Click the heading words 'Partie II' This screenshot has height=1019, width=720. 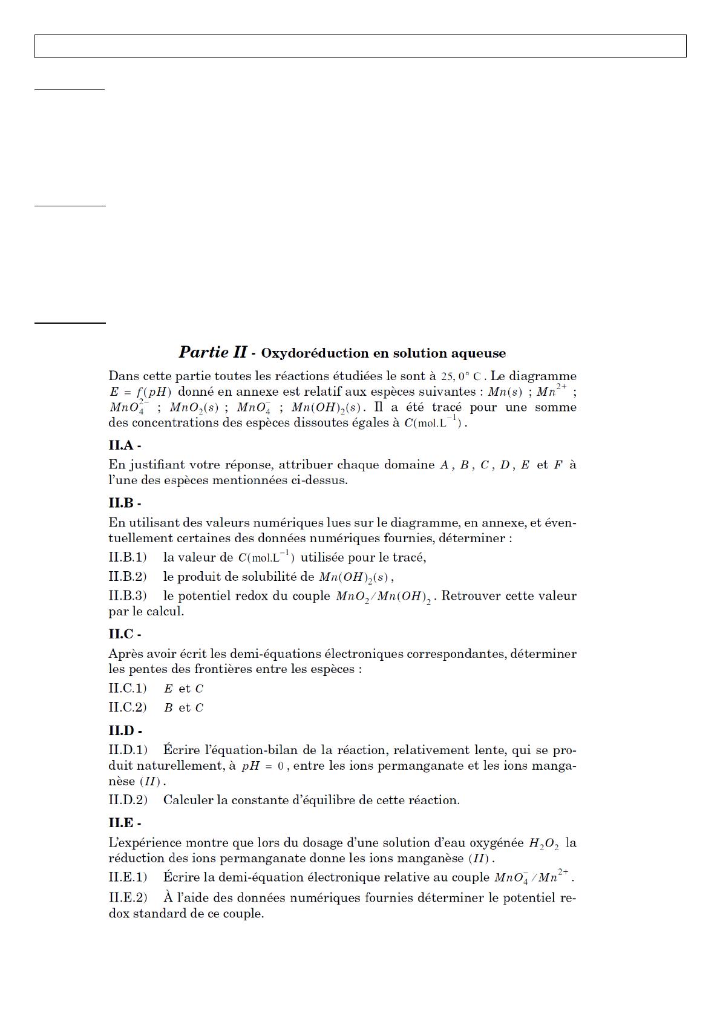click(x=212, y=352)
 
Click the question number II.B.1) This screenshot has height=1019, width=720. click(x=128, y=557)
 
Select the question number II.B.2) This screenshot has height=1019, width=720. click(x=128, y=577)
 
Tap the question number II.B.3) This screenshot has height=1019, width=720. click(x=128, y=596)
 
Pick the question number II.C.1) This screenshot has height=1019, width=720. click(x=128, y=689)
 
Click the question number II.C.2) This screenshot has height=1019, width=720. click(x=128, y=707)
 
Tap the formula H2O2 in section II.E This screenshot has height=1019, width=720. click(x=543, y=844)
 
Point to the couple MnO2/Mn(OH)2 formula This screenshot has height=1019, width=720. click(x=384, y=597)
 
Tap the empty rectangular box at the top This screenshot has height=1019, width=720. click(x=360, y=46)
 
